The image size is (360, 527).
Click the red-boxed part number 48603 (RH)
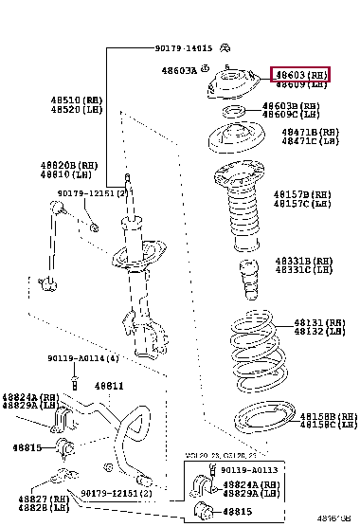[x=300, y=74]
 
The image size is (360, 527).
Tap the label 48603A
[x=178, y=69]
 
